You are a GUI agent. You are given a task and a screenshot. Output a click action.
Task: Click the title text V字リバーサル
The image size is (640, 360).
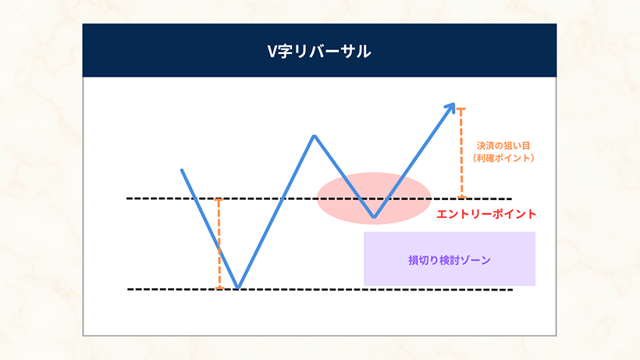(x=319, y=52)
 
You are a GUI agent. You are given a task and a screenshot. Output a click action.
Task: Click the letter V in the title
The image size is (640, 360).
(x=272, y=52)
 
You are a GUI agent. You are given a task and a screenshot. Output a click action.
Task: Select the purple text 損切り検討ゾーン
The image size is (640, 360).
(x=450, y=260)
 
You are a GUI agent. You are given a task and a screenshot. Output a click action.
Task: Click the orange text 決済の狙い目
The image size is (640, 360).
(x=503, y=145)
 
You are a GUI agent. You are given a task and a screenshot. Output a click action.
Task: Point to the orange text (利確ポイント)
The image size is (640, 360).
(x=503, y=159)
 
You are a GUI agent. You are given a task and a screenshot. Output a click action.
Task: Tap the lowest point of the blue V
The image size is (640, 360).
(x=238, y=287)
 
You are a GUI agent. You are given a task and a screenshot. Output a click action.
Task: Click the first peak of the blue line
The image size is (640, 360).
(x=314, y=137)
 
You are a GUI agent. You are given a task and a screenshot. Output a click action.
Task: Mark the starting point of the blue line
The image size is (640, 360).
(x=182, y=169)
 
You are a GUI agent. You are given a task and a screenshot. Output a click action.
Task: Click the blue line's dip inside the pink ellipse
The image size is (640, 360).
(x=375, y=216)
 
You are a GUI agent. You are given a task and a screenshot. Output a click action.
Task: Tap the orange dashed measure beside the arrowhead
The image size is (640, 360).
(x=461, y=152)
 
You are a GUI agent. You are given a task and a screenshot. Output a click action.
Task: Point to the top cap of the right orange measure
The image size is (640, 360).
(x=461, y=109)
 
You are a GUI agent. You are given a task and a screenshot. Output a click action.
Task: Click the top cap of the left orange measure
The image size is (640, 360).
(x=219, y=200)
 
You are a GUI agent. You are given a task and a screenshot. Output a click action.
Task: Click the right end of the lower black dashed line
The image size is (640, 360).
(x=510, y=290)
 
